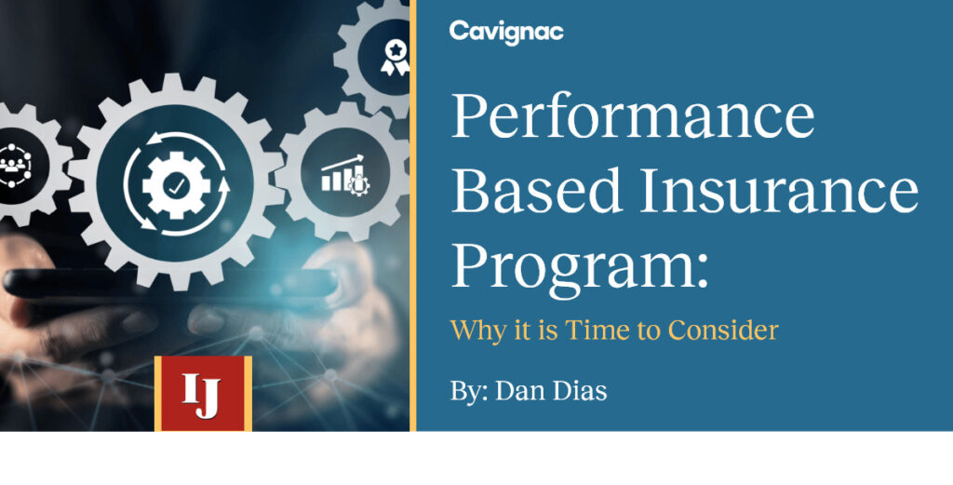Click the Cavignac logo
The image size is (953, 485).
click(x=506, y=33)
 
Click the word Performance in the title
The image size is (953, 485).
click(x=633, y=116)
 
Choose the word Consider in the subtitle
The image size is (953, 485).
click(x=723, y=330)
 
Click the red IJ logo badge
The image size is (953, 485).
click(x=203, y=393)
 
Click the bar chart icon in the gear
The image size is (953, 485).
click(x=344, y=176)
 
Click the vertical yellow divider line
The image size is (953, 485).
click(x=412, y=215)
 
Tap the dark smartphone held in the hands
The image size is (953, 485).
click(x=170, y=283)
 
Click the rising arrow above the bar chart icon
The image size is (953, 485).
click(x=342, y=162)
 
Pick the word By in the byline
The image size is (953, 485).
click(x=469, y=392)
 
